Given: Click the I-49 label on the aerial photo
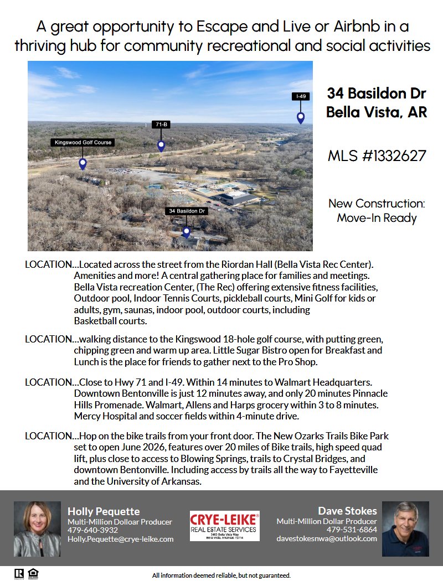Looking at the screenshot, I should [301, 96].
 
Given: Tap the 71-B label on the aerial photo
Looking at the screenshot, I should [161, 124].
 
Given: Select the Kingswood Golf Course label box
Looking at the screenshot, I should [83, 142].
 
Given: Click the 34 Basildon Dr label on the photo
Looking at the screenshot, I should [187, 211].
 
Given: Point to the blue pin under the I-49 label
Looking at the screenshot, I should [301, 117].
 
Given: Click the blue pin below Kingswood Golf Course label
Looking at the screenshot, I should [83, 163].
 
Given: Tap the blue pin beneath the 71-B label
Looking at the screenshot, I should [161, 146].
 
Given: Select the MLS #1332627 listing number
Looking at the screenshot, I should [377, 155].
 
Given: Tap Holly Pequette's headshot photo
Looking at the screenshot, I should [37, 528].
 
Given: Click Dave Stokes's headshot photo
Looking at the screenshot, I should [405, 528].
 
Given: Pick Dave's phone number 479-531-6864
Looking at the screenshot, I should [352, 530].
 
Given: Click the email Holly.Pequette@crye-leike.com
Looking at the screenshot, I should [120, 538].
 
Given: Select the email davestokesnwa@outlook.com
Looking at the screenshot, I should [327, 538].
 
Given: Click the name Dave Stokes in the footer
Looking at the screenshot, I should [347, 511].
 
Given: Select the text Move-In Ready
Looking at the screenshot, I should [377, 218].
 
